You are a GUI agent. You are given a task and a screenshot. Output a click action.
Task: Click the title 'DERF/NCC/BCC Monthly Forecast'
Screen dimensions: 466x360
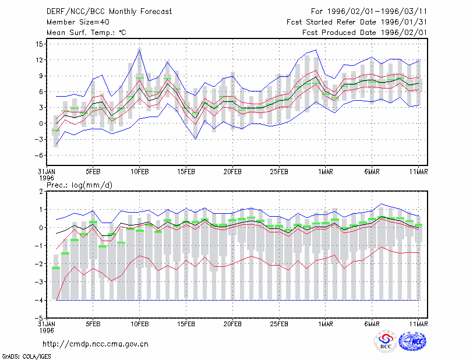109,12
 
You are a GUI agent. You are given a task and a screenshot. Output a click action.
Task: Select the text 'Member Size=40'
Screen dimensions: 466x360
78,22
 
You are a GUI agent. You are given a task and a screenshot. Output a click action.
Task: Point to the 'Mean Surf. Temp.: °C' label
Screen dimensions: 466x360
86,33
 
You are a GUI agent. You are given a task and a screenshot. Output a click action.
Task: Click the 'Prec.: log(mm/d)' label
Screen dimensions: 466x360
79,185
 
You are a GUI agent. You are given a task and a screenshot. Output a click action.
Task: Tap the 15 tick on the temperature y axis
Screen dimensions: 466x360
39,44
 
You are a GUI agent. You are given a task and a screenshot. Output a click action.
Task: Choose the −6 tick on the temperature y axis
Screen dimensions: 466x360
38,156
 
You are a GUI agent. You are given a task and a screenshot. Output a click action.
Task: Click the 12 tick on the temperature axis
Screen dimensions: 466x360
39,60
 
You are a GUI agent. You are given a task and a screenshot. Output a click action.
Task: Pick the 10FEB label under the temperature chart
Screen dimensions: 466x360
139,172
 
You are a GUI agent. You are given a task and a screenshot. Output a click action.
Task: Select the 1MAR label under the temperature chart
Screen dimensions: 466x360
326,172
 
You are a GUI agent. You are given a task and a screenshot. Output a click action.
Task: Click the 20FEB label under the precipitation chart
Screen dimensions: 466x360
232,324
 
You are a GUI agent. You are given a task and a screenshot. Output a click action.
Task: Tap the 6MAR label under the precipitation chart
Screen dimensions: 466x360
372,324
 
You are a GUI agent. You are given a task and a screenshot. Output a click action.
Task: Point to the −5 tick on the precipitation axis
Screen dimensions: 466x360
38,318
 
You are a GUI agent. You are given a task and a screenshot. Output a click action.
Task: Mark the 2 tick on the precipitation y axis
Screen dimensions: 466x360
41,192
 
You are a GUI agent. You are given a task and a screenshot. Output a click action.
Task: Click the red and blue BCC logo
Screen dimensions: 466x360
386,342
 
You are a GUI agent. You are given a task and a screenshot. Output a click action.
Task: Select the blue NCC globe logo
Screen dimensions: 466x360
412,341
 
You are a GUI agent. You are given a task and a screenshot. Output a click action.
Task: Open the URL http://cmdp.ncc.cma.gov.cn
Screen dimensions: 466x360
96,344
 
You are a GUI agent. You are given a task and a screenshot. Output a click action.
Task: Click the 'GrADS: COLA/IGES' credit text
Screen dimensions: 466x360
27,357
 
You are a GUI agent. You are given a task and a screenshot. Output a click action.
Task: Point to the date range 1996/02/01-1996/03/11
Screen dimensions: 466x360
377,12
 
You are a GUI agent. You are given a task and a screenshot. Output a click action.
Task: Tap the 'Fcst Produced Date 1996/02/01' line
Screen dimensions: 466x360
365,33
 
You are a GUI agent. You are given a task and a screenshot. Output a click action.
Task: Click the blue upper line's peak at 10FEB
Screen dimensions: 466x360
139,50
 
